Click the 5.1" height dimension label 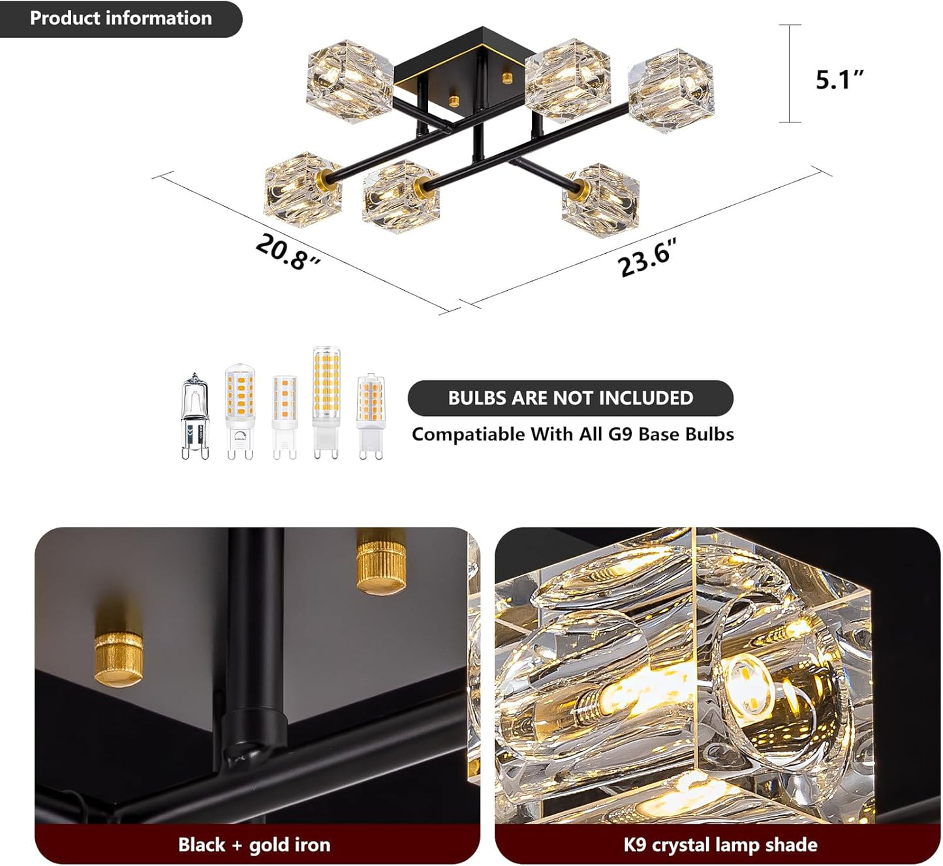point(839,80)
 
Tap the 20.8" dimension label point(288,252)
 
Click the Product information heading point(121,18)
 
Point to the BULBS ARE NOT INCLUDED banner point(570,398)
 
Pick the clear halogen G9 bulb point(195,416)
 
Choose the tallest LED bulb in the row point(326,403)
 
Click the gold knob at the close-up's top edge point(380,561)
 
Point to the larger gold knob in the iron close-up point(119,658)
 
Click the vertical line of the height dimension point(789,73)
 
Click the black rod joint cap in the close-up point(255,729)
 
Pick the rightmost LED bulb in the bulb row point(371,416)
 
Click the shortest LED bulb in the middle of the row point(285,417)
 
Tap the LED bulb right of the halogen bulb point(240,411)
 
